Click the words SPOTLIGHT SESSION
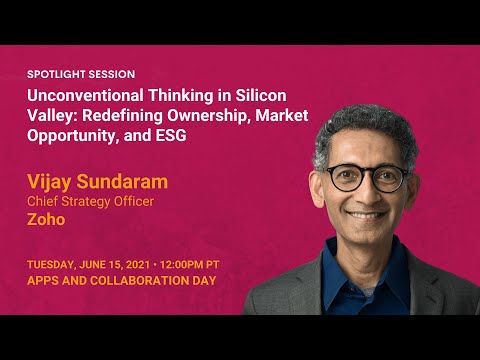tap(81, 74)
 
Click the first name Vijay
tap(49, 182)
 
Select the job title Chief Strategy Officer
tap(90, 201)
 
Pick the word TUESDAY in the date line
tap(50, 263)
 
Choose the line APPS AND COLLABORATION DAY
tap(121, 281)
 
